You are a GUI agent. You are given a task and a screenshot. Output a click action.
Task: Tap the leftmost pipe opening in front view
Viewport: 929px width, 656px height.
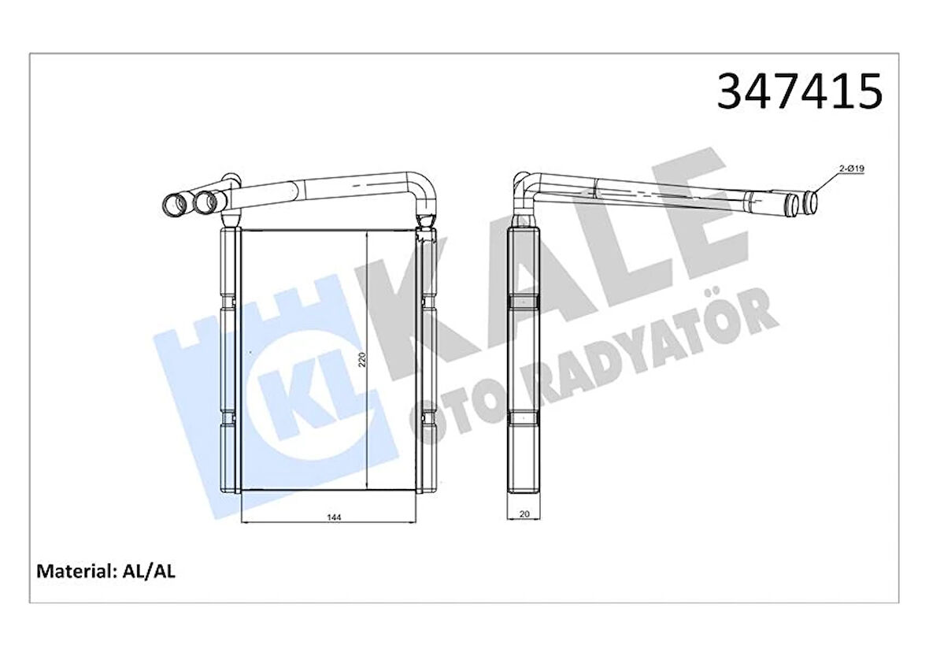(174, 205)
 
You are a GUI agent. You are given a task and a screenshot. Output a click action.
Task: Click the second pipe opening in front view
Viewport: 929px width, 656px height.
(207, 202)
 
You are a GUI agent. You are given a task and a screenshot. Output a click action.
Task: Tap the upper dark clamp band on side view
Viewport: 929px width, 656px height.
(524, 302)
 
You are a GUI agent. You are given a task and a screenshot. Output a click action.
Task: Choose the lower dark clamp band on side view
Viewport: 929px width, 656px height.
(524, 418)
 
